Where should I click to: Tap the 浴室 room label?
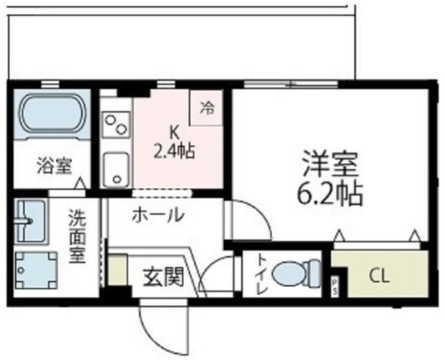54,166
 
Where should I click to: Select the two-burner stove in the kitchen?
115,124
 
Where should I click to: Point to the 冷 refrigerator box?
207,108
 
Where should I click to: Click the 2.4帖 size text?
174,151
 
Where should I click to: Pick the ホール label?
159,215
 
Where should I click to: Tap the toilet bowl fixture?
296,273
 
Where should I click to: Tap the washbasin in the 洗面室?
30,219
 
